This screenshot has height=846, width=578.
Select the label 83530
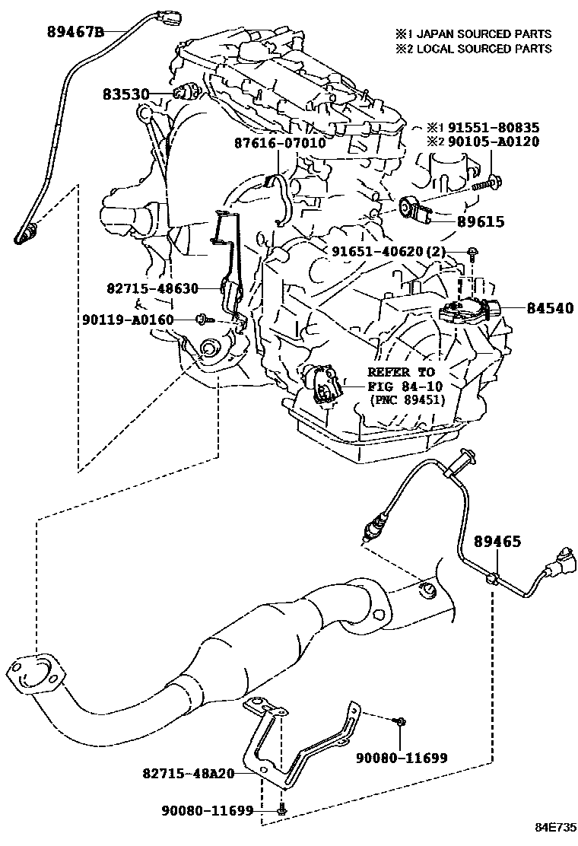126,94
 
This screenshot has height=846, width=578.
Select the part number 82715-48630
152,288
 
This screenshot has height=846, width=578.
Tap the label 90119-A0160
128,320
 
